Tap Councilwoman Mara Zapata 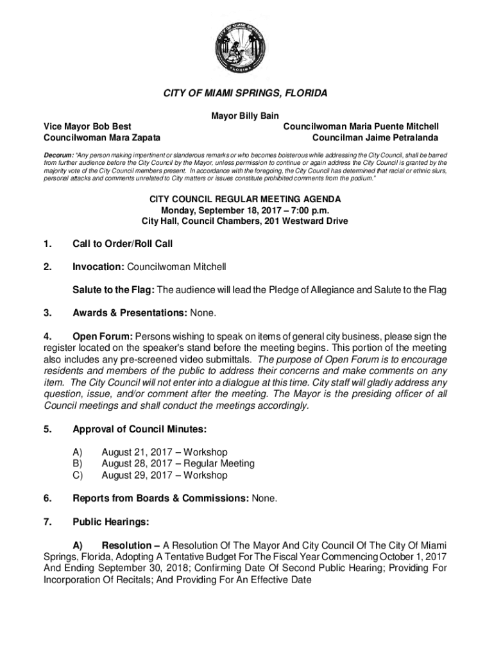click(101, 137)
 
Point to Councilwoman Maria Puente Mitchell click(361, 126)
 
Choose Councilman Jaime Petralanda click(375, 137)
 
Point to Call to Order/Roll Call click(123, 244)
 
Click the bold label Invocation click(98, 266)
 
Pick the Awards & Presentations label click(130, 313)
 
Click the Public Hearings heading click(110, 522)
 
